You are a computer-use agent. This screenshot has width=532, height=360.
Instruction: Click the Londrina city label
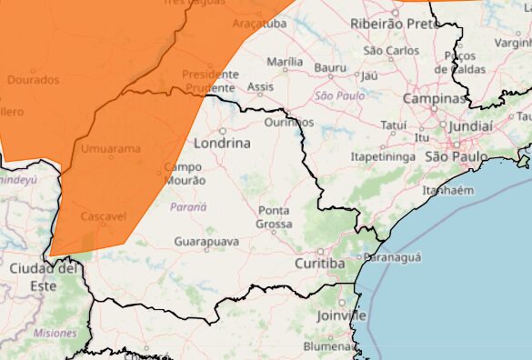click(x=221, y=143)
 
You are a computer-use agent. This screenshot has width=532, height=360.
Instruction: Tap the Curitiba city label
click(x=319, y=264)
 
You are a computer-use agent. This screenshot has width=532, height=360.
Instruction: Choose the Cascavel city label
click(x=104, y=217)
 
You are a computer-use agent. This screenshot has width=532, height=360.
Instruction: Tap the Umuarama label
click(x=112, y=148)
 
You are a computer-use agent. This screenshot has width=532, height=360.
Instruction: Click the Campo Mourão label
click(x=185, y=174)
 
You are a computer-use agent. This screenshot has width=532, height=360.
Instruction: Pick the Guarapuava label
click(x=206, y=243)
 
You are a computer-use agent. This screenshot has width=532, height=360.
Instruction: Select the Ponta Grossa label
click(x=274, y=217)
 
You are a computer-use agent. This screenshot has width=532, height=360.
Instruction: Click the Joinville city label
click(x=342, y=315)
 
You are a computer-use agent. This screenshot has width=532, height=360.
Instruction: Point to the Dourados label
click(x=33, y=80)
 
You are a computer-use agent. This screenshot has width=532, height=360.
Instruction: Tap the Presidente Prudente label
click(x=209, y=81)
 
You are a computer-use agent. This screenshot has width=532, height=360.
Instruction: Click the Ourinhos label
click(x=288, y=122)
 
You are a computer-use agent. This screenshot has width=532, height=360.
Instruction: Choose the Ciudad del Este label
click(x=43, y=276)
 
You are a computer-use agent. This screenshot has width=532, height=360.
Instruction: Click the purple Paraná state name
click(x=188, y=207)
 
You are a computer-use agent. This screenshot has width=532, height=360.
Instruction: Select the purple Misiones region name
click(x=55, y=334)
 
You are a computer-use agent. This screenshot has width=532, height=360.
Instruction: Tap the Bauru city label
click(x=330, y=67)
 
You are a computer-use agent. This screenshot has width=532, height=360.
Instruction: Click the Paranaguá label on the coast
click(x=393, y=258)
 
